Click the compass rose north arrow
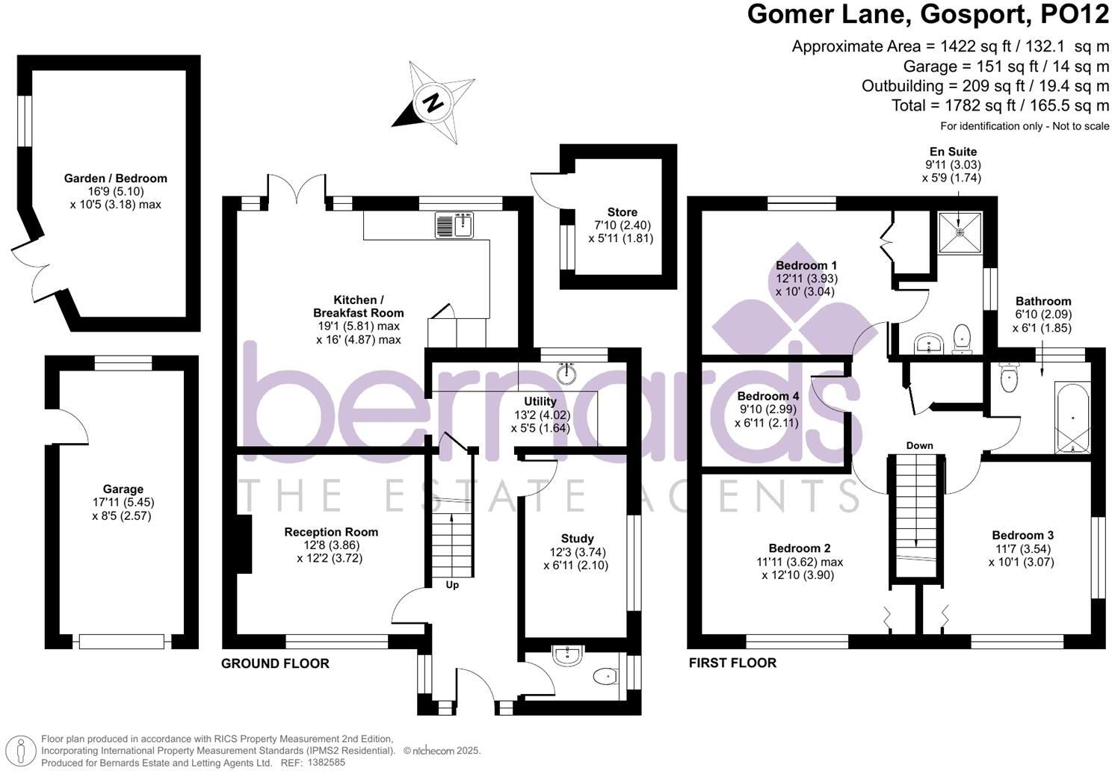point(433,102)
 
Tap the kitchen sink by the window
point(456,225)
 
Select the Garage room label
point(123,489)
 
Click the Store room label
point(622,212)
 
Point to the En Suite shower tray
point(960,232)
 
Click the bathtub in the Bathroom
point(1073,418)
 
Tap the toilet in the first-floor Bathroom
point(1009,377)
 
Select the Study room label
point(577,538)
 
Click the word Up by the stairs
point(452,585)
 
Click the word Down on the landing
point(919,445)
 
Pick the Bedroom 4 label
point(767,396)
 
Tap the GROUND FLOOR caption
point(275,663)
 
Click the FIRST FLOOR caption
point(732,663)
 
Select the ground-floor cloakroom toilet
point(603,677)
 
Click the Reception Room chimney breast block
point(244,545)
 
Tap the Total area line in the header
point(1000,105)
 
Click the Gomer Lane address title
point(928,15)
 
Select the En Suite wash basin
point(930,344)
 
